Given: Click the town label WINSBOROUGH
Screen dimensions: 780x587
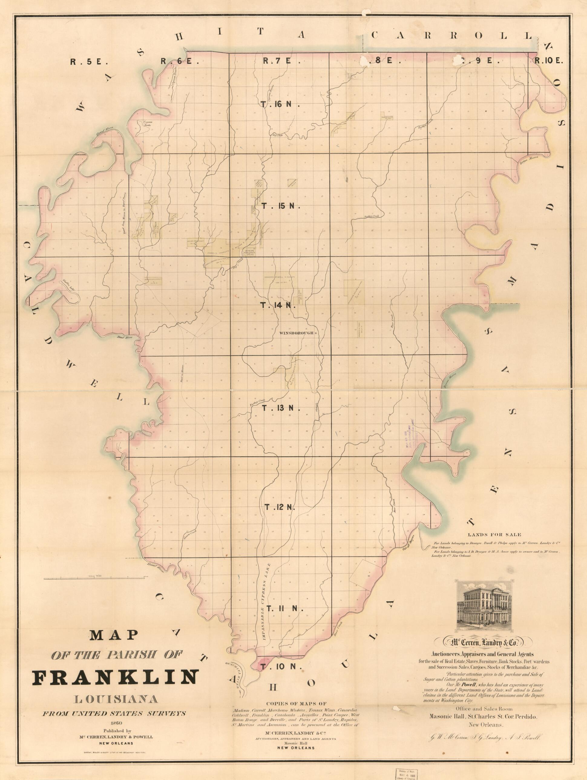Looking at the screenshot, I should click(x=297, y=332).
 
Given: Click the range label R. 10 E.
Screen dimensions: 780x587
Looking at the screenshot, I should click(x=549, y=61).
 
